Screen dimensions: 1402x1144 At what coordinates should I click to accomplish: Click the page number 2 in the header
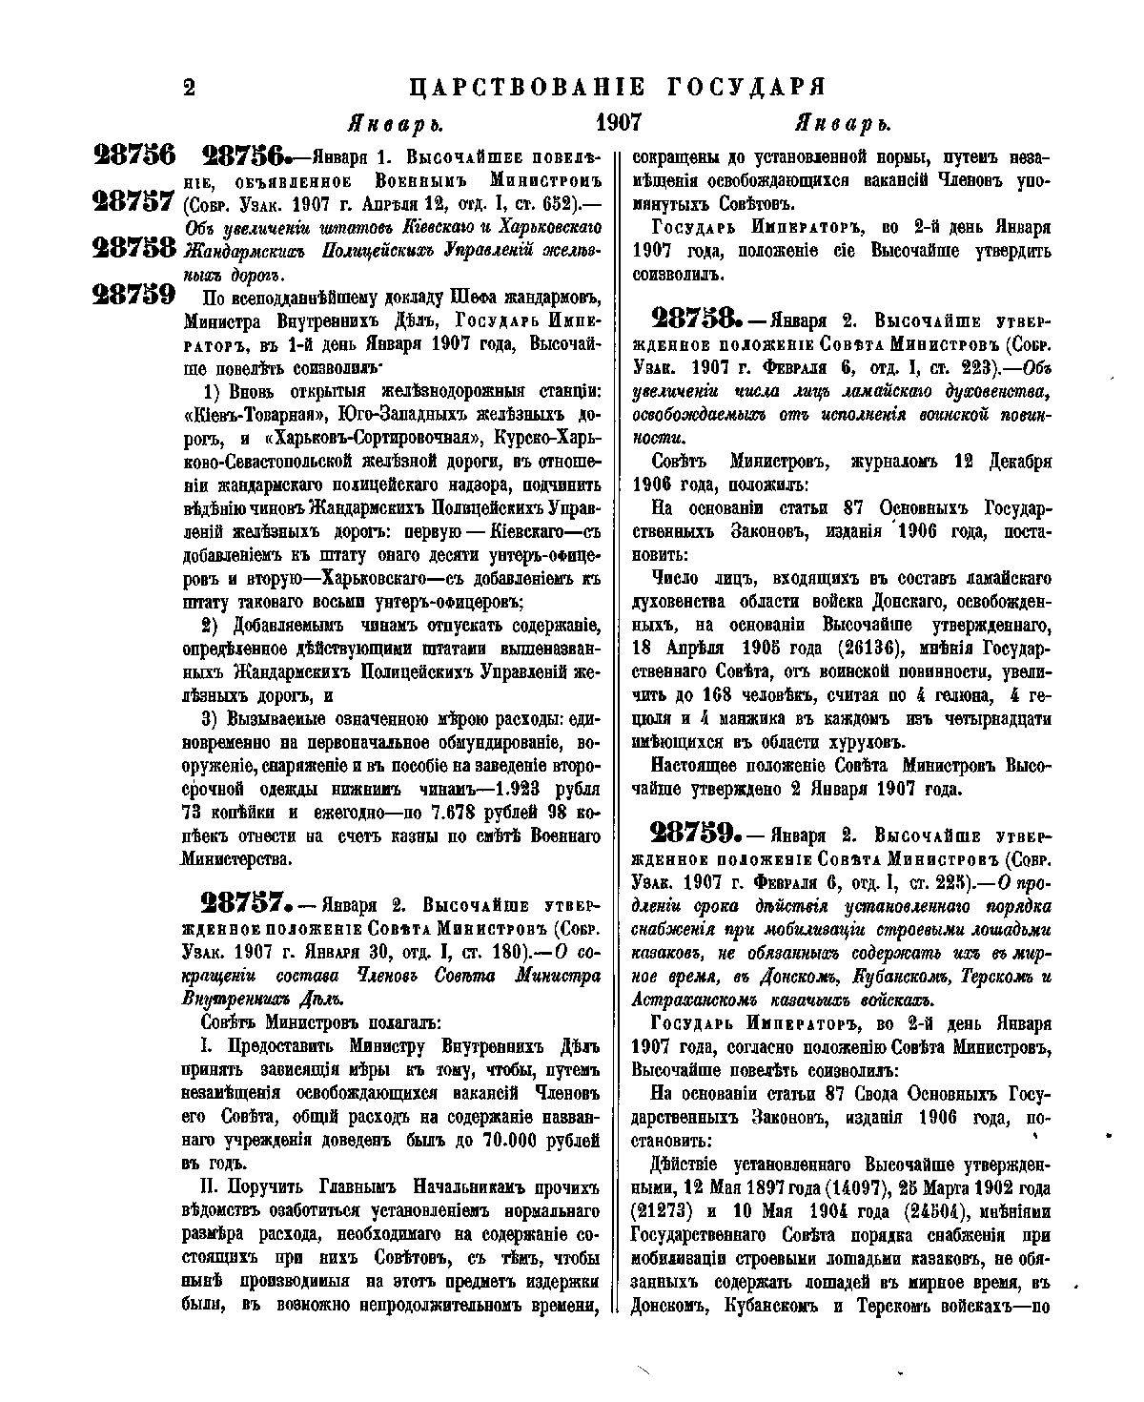[188, 88]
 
